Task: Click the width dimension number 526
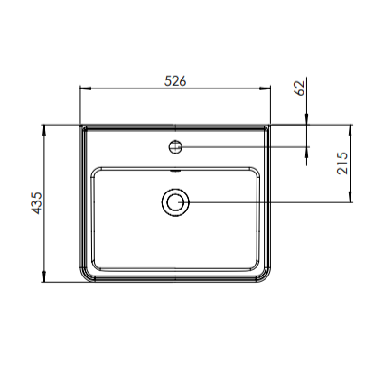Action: pos(175,80)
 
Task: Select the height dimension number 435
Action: pos(33,202)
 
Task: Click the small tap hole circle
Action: pos(175,145)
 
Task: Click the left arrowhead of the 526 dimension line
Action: pos(85,89)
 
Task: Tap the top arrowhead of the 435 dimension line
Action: pos(45,129)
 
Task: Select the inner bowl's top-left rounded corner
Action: pos(96,170)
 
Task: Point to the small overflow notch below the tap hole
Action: pos(175,168)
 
